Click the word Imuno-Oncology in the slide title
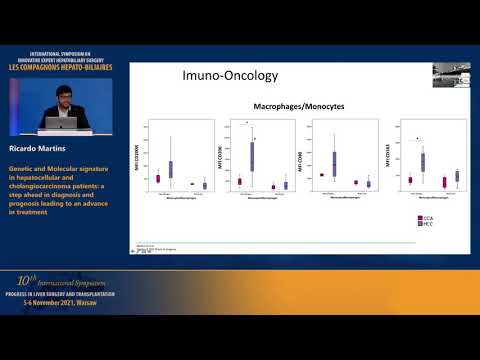coord(224,76)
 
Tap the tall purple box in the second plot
coord(251,156)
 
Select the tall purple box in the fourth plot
coord(423,161)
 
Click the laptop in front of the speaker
coord(59,122)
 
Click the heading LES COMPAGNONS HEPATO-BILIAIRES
coord(66,67)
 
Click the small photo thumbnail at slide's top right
coord(451,75)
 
